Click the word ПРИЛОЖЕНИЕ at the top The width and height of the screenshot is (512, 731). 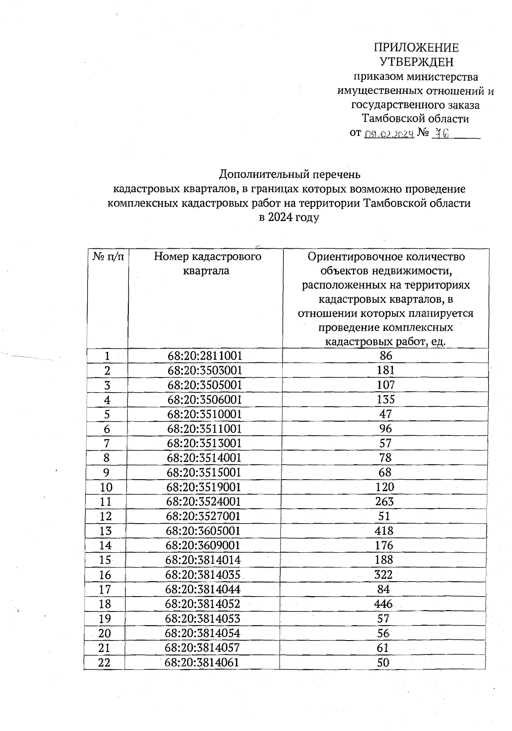pyautogui.click(x=416, y=47)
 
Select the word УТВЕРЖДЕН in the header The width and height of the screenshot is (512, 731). pyautogui.click(x=416, y=62)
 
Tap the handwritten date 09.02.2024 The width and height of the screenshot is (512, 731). pyautogui.click(x=390, y=134)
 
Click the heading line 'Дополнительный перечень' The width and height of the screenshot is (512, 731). pyautogui.click(x=290, y=174)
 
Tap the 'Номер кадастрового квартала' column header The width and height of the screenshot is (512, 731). pyautogui.click(x=207, y=263)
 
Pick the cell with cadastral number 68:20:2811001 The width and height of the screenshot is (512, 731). pyautogui.click(x=205, y=355)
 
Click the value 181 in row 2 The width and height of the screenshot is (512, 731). pyautogui.click(x=386, y=370)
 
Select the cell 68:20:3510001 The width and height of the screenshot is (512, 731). pyautogui.click(x=204, y=414)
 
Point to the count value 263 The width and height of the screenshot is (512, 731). pyautogui.click(x=384, y=501)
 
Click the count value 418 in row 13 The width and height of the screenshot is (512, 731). pyautogui.click(x=384, y=531)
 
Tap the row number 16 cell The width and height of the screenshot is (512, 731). pyautogui.click(x=105, y=575)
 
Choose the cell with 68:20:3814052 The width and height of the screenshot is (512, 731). pyautogui.click(x=203, y=604)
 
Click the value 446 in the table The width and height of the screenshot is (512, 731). pyautogui.click(x=383, y=604)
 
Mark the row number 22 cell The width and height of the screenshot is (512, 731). pyautogui.click(x=104, y=662)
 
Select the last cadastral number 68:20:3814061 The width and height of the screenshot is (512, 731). pyautogui.click(x=202, y=662)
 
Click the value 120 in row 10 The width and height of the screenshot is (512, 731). pyautogui.click(x=385, y=487)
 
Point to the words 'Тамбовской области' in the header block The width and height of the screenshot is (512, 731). pyautogui.click(x=415, y=119)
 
